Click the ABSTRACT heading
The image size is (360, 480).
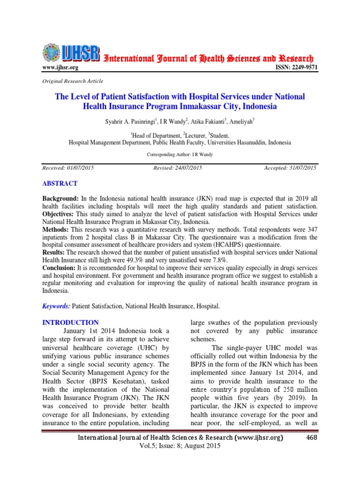point(60,184)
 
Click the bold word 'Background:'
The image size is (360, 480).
point(61,199)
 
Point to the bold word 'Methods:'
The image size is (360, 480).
point(56,230)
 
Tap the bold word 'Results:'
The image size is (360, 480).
point(55,252)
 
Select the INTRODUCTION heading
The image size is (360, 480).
point(71,322)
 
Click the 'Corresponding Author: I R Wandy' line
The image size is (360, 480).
point(180,154)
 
